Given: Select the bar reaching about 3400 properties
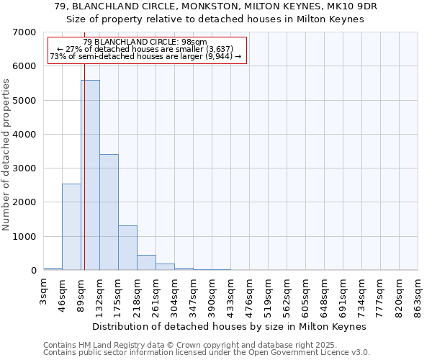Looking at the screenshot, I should pos(109,212).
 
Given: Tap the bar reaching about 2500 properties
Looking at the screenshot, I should pos(71,227).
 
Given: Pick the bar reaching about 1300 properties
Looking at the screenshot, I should pos(127,248).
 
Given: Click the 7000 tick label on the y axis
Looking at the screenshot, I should pos(25,32).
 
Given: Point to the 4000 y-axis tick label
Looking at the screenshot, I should pos(25,135).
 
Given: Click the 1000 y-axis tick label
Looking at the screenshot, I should pos(25,237).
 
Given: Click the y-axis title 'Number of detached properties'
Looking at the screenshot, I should pos(7,156).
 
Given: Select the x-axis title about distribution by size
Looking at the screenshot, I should pos(230,326).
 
